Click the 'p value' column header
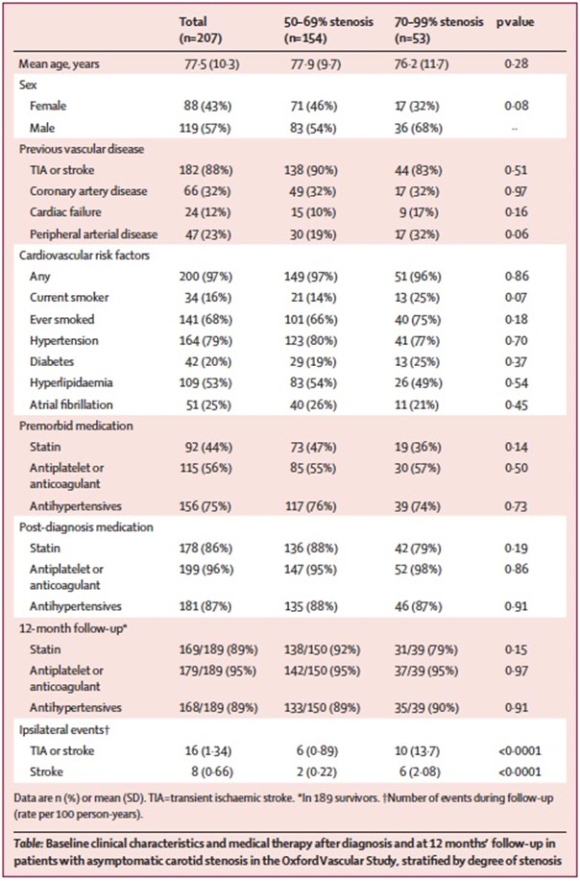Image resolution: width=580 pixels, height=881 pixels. (x=515, y=22)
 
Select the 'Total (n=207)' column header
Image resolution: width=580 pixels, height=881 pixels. (x=201, y=31)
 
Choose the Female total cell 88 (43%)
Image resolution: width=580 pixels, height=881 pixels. (x=207, y=107)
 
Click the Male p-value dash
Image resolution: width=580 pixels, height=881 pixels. (x=515, y=129)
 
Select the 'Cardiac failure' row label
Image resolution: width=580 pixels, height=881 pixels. (x=64, y=212)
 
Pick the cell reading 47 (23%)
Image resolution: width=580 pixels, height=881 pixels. (x=207, y=234)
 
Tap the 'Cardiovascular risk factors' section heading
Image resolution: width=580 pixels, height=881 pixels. (x=84, y=256)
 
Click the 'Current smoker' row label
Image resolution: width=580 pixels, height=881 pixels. (x=69, y=298)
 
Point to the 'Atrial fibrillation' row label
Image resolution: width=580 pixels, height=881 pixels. (x=71, y=404)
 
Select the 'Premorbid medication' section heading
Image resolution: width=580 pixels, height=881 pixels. (x=76, y=426)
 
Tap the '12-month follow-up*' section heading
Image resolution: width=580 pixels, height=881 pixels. (x=72, y=628)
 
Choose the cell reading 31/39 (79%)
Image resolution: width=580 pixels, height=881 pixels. (x=426, y=649)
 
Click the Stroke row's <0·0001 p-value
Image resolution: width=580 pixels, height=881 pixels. (x=520, y=772)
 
